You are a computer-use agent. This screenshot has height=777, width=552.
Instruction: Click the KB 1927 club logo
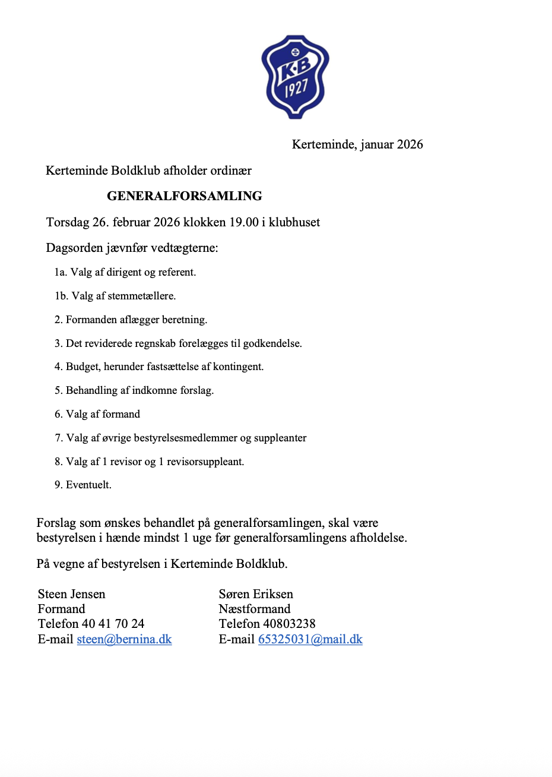pyautogui.click(x=295, y=77)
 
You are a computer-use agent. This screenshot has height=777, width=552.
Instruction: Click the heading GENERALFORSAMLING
pyautogui.click(x=185, y=196)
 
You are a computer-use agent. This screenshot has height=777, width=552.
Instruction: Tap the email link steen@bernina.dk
pyautogui.click(x=124, y=639)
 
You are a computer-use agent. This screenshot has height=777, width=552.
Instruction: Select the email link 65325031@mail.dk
pyautogui.click(x=310, y=639)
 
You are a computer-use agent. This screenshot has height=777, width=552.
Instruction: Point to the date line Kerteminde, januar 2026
pyautogui.click(x=357, y=144)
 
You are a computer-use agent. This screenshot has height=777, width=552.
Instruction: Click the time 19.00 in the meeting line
pyautogui.click(x=244, y=223)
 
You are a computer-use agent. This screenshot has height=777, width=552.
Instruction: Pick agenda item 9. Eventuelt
pyautogui.click(x=83, y=485)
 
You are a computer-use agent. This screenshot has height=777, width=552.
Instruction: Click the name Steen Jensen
pyautogui.click(x=72, y=594)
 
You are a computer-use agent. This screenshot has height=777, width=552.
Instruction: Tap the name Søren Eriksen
pyautogui.click(x=256, y=594)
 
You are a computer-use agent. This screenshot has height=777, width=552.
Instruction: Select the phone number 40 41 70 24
pyautogui.click(x=113, y=624)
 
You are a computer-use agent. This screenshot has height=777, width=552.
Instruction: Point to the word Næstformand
pyautogui.click(x=255, y=609)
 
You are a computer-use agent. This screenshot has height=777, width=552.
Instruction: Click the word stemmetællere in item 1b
pyautogui.click(x=141, y=296)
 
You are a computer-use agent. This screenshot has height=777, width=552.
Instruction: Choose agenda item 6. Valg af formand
pyautogui.click(x=97, y=414)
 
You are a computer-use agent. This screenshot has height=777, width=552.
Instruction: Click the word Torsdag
pyautogui.click(x=67, y=223)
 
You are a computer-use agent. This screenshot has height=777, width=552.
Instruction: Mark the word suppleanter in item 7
pyautogui.click(x=280, y=438)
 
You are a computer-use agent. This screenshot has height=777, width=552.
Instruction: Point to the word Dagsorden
pyautogui.click(x=75, y=248)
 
